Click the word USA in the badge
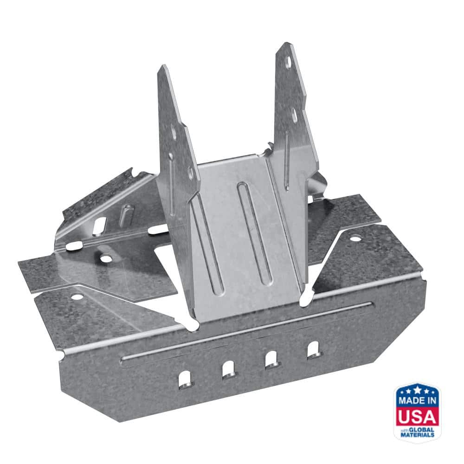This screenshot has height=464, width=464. [417, 416]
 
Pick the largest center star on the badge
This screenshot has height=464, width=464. [417, 388]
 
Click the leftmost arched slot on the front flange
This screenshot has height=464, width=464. [184, 379]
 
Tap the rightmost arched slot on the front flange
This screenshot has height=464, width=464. [314, 349]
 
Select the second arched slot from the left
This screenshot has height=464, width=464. [228, 369]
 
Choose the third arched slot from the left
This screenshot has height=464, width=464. [271, 359]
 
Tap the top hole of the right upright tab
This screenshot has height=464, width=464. [288, 62]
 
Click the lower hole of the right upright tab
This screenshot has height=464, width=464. [294, 115]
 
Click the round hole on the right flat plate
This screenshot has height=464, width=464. [355, 238]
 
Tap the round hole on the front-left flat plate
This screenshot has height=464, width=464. [77, 296]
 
